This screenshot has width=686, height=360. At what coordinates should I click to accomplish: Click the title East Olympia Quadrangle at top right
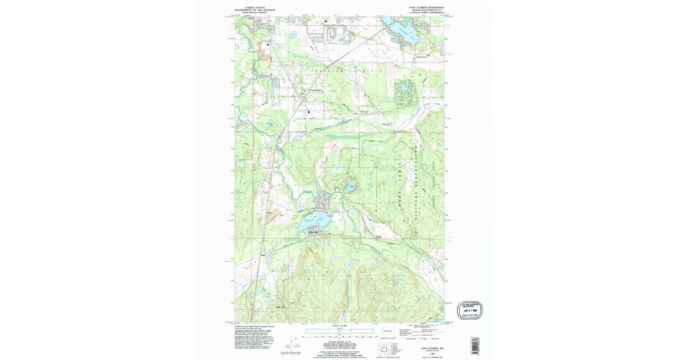coord(425,8)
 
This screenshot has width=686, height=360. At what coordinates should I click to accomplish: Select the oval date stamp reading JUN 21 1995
coord(470,309)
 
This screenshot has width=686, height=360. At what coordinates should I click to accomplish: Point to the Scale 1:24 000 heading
coord(340,326)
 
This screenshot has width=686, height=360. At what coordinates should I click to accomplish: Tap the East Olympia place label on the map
coord(316,90)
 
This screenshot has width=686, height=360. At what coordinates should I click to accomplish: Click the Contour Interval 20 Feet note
coord(340,341)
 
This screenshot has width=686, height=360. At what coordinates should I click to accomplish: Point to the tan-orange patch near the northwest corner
coord(264,51)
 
